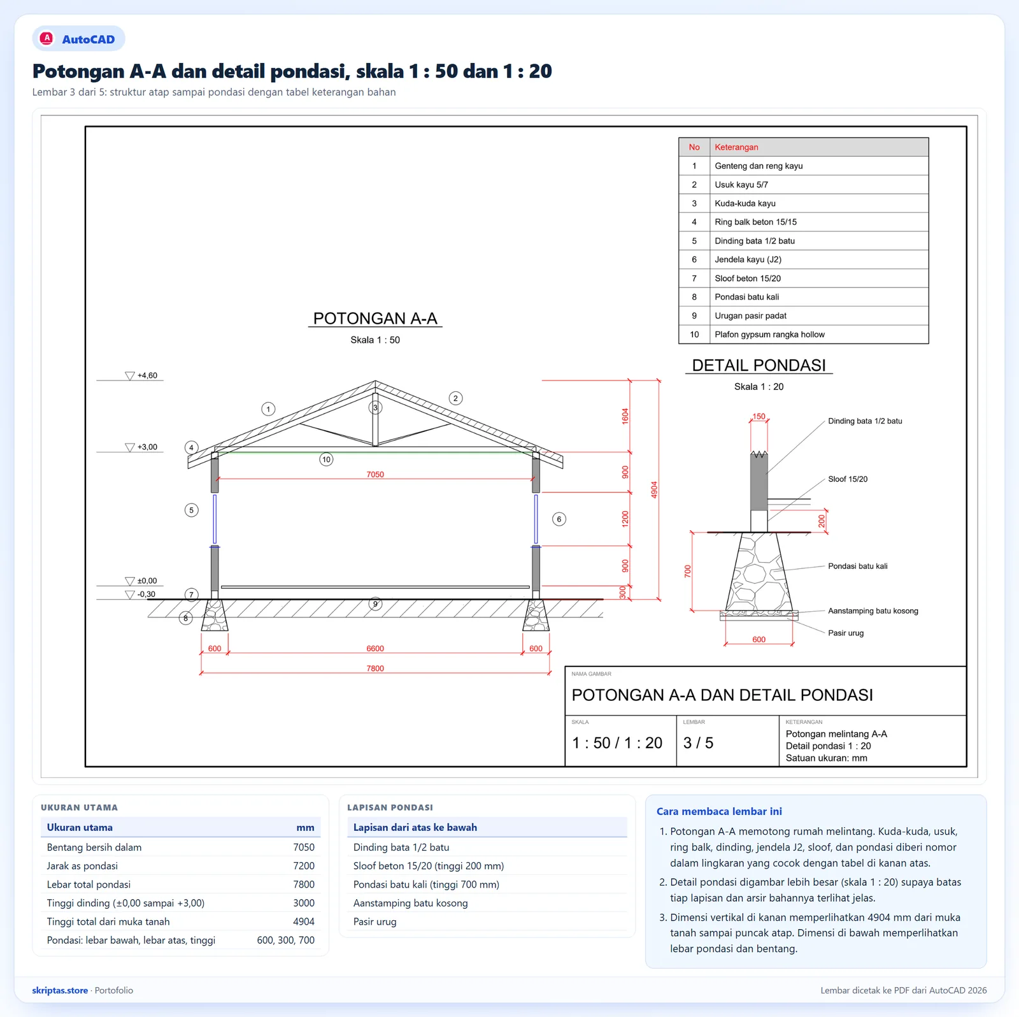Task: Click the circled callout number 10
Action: pos(326,459)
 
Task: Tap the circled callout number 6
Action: pos(559,519)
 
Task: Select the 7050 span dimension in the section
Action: pos(375,475)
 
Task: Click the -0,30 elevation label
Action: pos(146,595)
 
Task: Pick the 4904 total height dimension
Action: pos(654,489)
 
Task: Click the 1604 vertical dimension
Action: pos(625,416)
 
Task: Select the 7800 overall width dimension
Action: pos(375,668)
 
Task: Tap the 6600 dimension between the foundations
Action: pos(375,649)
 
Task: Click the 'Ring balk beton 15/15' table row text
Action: pos(755,222)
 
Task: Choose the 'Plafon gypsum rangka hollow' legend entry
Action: pos(769,335)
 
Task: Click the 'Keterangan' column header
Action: pos(736,147)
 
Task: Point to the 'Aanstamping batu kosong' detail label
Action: pos(873,611)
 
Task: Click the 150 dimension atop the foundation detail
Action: pos(759,417)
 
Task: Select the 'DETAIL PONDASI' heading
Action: pos(759,365)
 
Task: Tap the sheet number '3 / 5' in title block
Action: pos(698,743)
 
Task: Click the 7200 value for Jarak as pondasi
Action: pos(304,866)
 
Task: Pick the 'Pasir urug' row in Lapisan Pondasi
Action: pos(375,922)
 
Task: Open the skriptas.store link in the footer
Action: pos(60,990)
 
